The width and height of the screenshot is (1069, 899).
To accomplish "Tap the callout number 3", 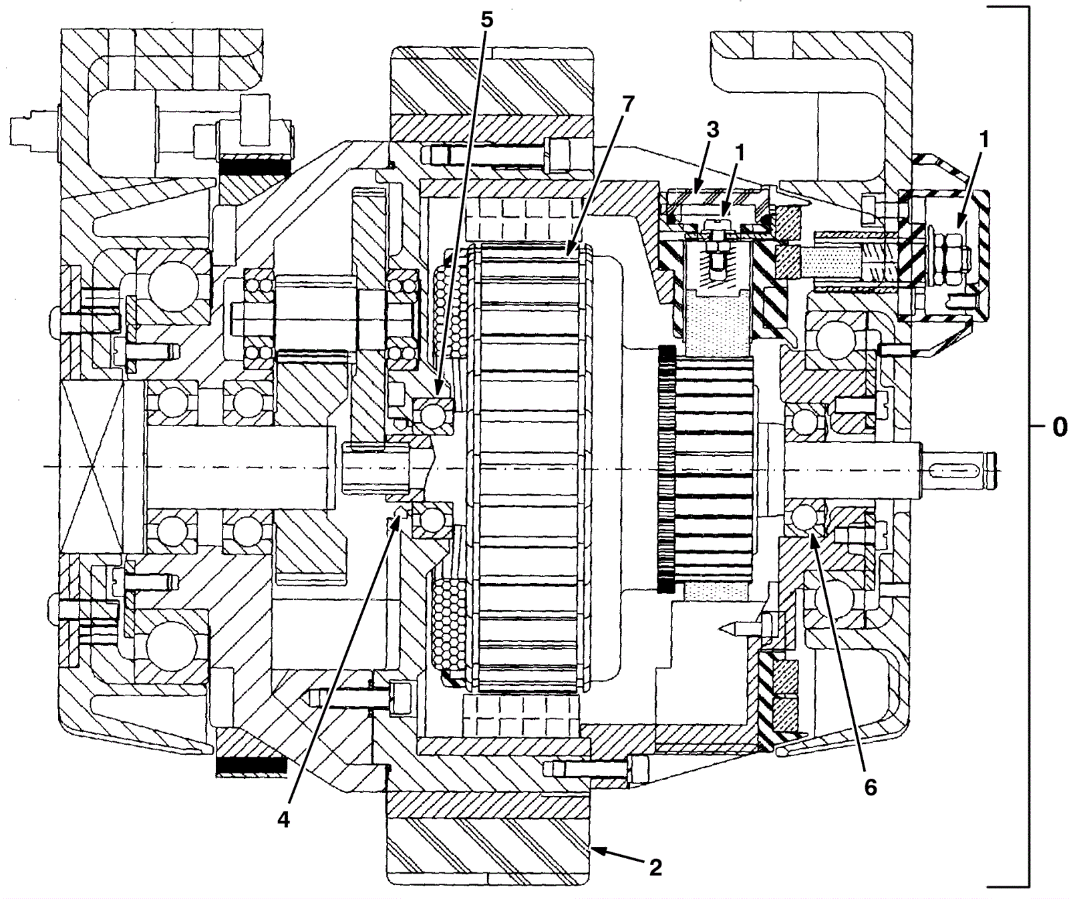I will pos(712,130).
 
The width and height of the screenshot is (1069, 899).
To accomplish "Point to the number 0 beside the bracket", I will pos(1060,427).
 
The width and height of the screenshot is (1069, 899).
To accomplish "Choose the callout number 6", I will pos(870,787).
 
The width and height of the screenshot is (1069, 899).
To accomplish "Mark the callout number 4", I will pos(283,820).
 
